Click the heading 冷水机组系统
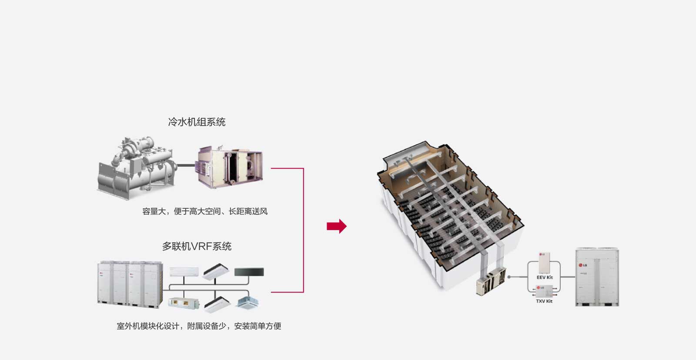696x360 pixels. tap(197, 122)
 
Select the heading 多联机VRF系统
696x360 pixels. tap(197, 247)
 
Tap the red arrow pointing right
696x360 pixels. tap(336, 226)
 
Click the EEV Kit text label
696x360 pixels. tap(545, 277)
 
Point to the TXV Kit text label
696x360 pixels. tap(544, 301)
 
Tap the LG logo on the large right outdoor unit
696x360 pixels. tap(582, 265)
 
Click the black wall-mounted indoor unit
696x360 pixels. tap(249, 273)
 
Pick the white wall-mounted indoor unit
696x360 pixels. tap(184, 272)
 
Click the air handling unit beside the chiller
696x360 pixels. tap(230, 166)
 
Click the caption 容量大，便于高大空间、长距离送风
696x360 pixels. tap(205, 212)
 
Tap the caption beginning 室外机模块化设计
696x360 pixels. tap(199, 326)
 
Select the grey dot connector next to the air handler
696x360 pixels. tap(509, 277)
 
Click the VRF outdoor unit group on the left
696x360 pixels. tap(130, 285)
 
